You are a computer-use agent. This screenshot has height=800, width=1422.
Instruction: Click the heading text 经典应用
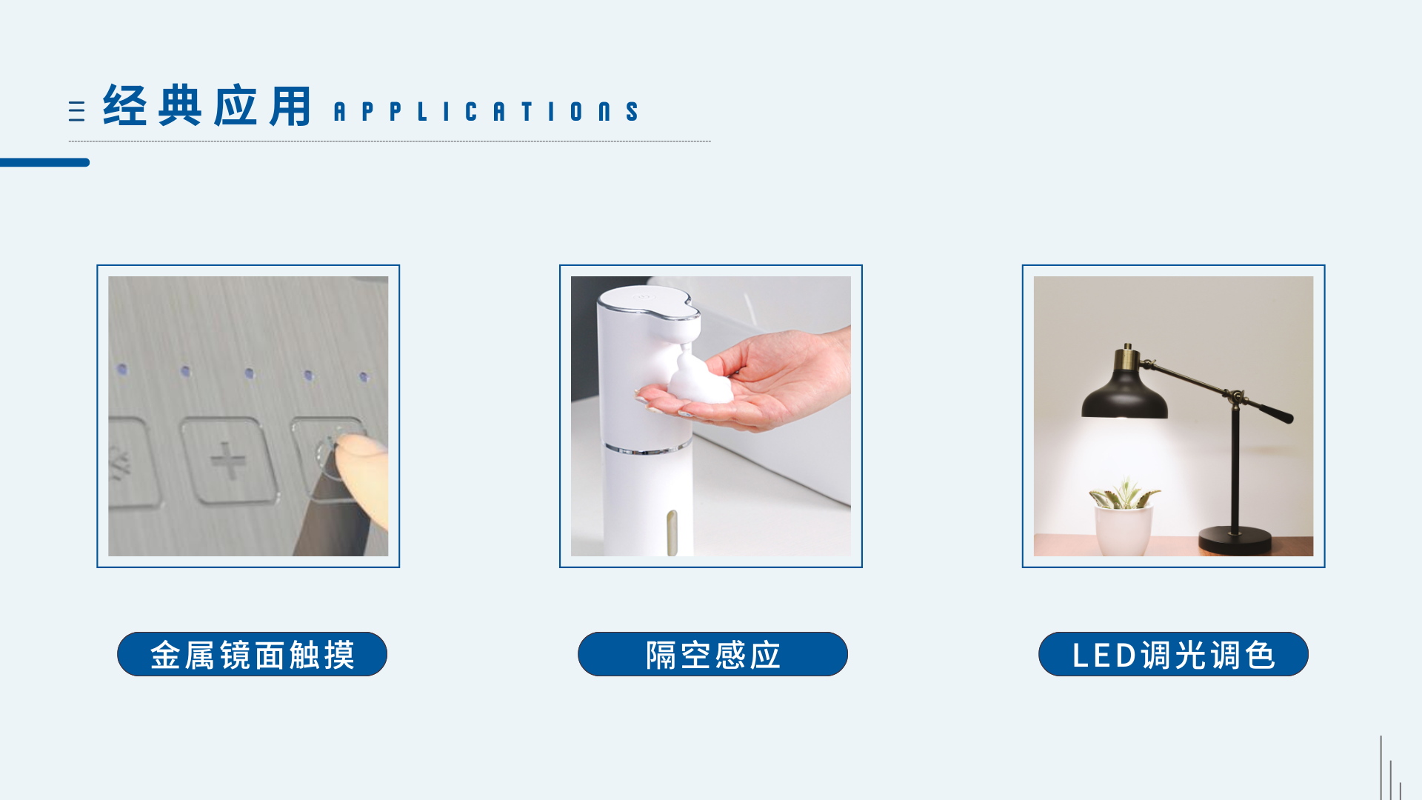pyautogui.click(x=207, y=106)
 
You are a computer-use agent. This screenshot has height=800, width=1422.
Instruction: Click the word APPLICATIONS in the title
pyautogui.click(x=487, y=112)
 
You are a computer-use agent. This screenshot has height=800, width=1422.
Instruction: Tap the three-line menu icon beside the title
pyautogui.click(x=76, y=111)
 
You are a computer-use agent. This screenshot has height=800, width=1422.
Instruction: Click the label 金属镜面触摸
pyautogui.click(x=252, y=655)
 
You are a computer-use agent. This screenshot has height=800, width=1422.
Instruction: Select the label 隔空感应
pyautogui.click(x=712, y=655)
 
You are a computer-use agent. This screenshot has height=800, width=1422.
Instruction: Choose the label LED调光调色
pyautogui.click(x=1173, y=655)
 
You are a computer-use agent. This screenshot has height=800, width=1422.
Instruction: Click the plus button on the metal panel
pyautogui.click(x=229, y=461)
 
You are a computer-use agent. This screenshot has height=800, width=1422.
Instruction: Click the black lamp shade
pyautogui.click(x=1124, y=396)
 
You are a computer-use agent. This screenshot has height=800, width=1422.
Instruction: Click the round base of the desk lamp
pyautogui.click(x=1235, y=539)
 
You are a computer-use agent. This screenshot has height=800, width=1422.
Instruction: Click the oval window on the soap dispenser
pyautogui.click(x=672, y=531)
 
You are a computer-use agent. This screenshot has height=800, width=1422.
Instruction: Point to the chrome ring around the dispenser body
pyautogui.click(x=647, y=449)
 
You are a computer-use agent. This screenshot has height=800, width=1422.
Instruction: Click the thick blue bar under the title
pyautogui.click(x=44, y=162)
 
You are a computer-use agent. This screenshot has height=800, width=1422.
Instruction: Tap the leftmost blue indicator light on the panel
pyautogui.click(x=122, y=369)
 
